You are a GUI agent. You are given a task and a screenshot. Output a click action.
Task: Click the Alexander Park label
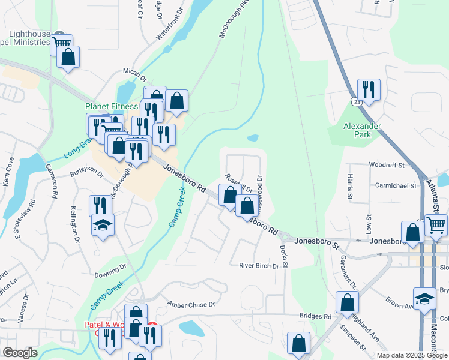(x=362, y=130)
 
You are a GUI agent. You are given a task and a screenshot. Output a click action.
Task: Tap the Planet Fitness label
(x=107, y=106)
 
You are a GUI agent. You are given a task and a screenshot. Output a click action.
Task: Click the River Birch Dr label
(x=259, y=265)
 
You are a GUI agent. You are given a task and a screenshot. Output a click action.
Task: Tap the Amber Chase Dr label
(x=191, y=305)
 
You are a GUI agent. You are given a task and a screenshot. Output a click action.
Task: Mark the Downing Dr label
(x=110, y=274)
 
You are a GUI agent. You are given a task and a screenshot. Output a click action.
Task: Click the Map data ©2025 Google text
(x=412, y=355)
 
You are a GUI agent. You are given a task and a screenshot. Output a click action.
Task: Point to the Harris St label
(x=349, y=187)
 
